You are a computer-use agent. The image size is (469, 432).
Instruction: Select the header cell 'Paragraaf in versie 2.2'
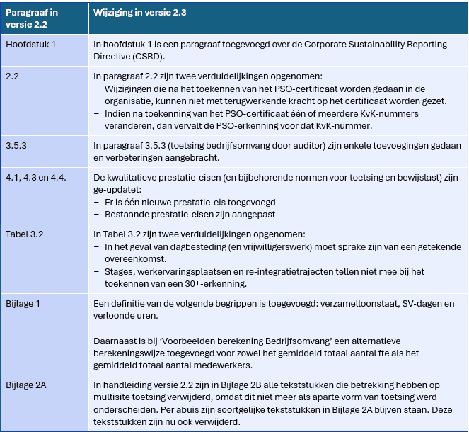tap(32, 18)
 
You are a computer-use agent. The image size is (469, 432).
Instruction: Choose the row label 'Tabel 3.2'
tap(25, 233)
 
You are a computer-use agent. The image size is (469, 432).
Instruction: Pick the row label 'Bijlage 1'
tap(25, 303)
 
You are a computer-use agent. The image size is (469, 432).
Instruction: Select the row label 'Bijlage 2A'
tap(29, 385)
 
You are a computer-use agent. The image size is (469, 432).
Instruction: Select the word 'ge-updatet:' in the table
tap(117, 188)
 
